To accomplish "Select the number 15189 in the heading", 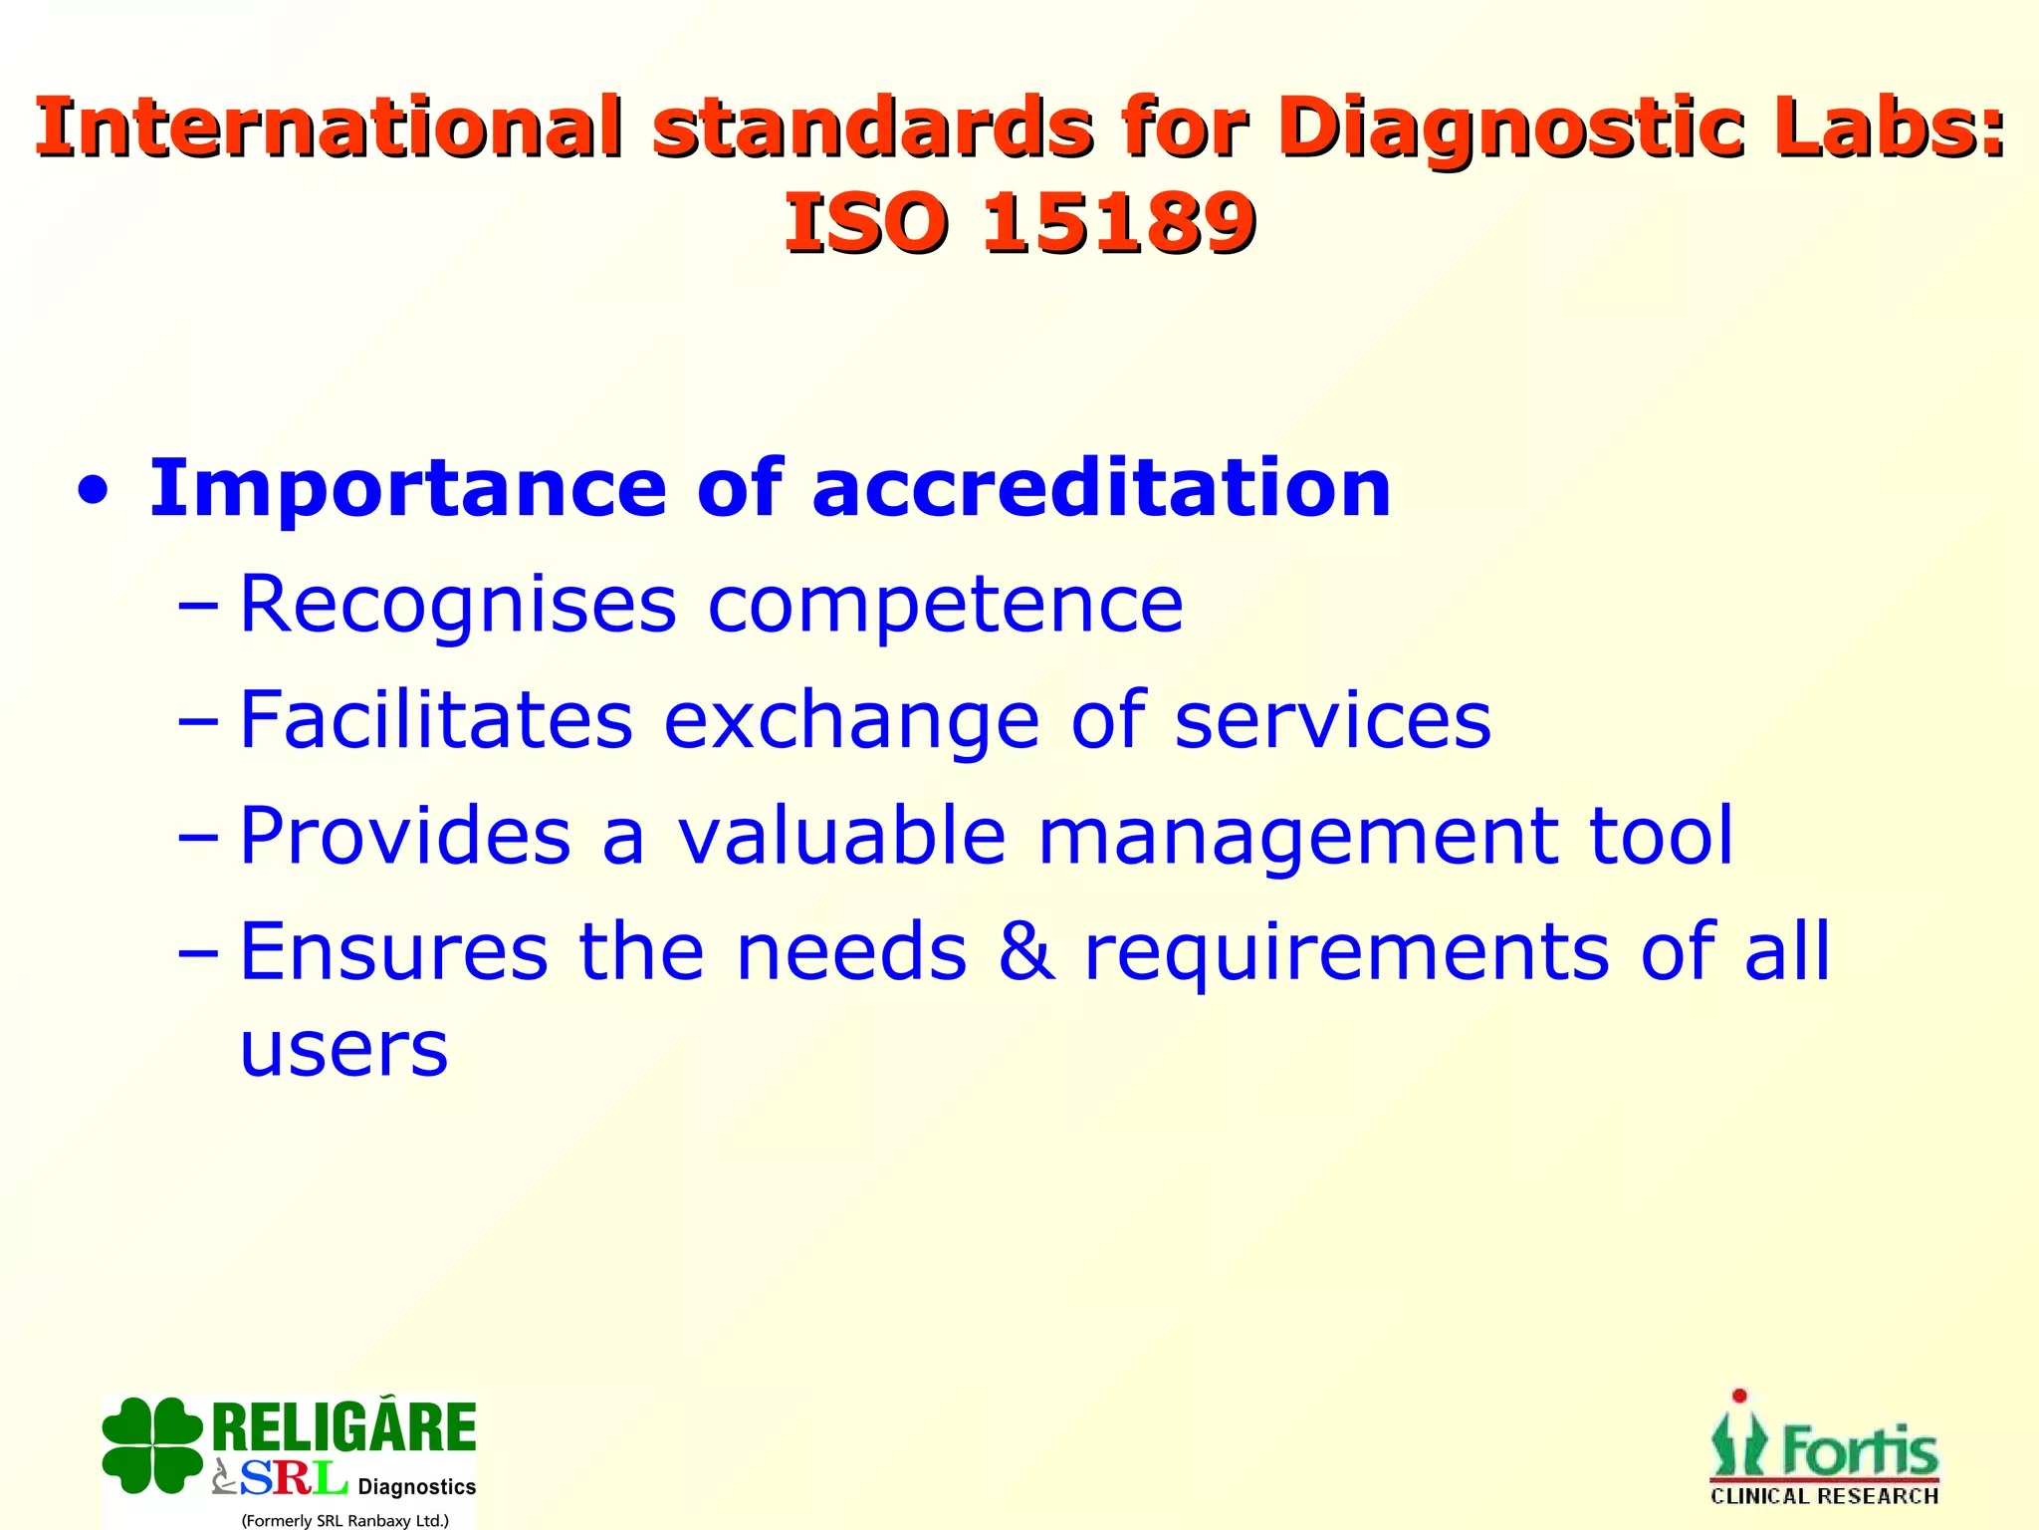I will click(x=1118, y=223).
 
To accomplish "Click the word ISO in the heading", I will click(x=864, y=223).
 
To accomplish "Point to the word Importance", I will click(x=407, y=488).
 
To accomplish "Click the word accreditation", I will click(x=1101, y=488).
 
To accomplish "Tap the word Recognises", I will click(x=458, y=606).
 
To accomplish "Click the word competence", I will click(x=945, y=606).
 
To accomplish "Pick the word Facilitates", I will click(x=436, y=719).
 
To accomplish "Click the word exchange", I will click(x=851, y=719).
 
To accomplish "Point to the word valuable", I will click(x=841, y=835).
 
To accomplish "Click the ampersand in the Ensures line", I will click(x=1025, y=950).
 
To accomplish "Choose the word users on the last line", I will click(x=344, y=1050).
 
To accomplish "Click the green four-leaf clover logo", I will click(x=151, y=1445).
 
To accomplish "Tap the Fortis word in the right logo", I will click(x=1859, y=1452).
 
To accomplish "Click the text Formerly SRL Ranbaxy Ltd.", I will click(x=344, y=1520).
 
